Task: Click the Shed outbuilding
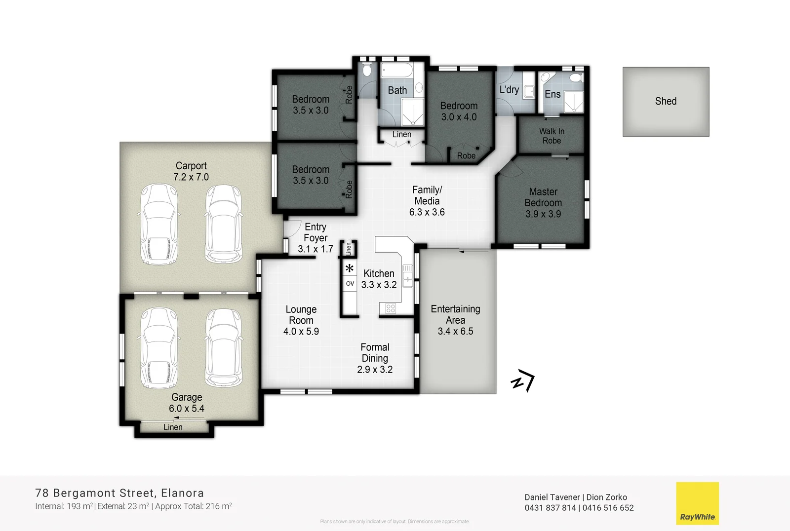click(666, 102)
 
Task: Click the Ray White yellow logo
click(697, 503)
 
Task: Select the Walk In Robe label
click(552, 136)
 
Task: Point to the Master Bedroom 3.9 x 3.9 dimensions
click(543, 214)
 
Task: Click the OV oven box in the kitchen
click(350, 284)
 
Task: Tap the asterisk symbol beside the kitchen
click(350, 269)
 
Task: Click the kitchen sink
click(408, 275)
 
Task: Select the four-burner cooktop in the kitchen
click(391, 309)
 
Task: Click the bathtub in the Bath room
click(397, 70)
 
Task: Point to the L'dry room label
click(509, 90)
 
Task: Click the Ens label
click(553, 94)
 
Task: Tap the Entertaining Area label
click(455, 314)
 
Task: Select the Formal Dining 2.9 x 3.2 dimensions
click(375, 370)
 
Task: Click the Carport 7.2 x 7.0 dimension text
click(191, 177)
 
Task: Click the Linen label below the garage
click(173, 427)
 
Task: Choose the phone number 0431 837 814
click(550, 508)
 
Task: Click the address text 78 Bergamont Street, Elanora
click(119, 493)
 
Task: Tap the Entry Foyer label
click(316, 232)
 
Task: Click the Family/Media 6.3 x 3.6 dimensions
click(427, 212)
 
